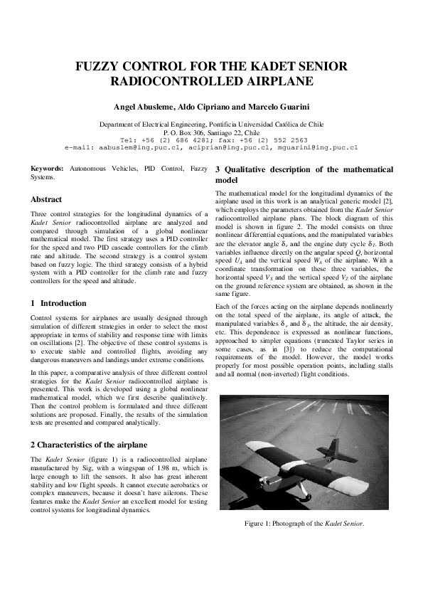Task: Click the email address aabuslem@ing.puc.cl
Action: pos(126,147)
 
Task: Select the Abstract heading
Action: pos(46,200)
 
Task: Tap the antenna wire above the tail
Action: pos(340,425)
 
